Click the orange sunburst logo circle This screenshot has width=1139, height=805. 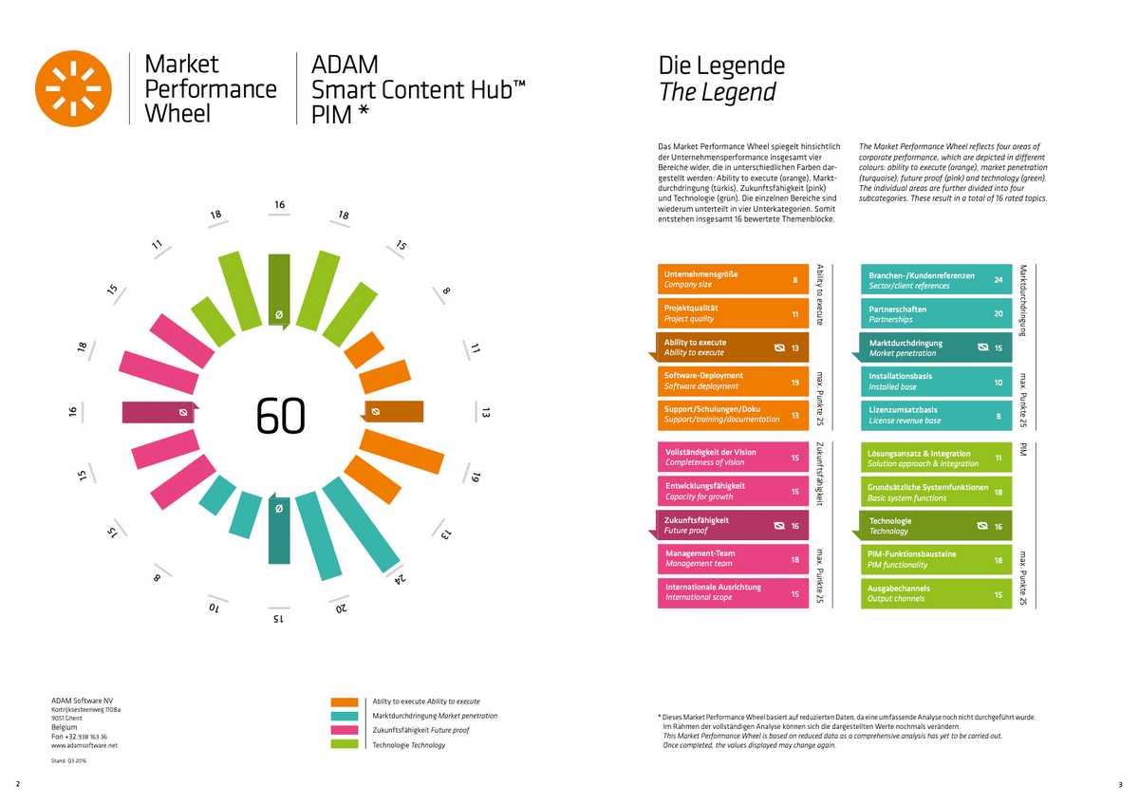pos(73,88)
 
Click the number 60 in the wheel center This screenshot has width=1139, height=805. pos(281,415)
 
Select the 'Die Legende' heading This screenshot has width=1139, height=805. pos(721,66)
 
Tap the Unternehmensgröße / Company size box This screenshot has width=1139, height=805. pos(732,279)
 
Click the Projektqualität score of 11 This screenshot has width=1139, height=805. pos(794,313)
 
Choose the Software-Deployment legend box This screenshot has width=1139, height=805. pos(732,381)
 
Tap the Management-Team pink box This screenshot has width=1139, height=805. pos(732,558)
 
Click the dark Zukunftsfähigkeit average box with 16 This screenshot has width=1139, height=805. pos(732,525)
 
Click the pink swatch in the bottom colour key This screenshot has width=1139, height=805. pos(345,730)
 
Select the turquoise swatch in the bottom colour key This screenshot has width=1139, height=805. pos(345,716)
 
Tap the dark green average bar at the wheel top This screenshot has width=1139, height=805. pos(279,290)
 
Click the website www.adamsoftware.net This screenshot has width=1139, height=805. pos(84,746)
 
